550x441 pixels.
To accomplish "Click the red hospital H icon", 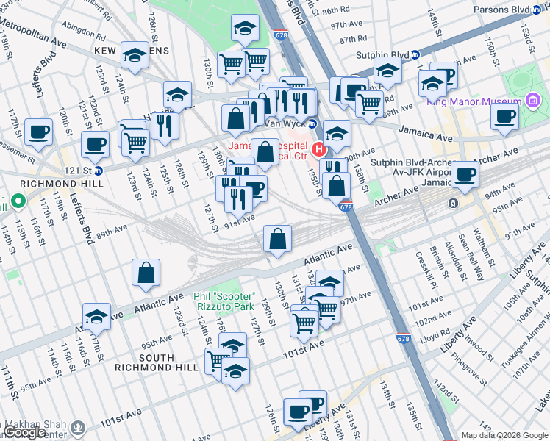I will [319, 150].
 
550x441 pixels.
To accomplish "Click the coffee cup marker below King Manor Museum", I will [504, 115].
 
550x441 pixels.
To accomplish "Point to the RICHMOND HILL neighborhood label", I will [35, 184].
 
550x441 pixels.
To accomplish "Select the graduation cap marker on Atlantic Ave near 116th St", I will [96, 316].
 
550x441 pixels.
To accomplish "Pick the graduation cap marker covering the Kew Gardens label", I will [135, 54].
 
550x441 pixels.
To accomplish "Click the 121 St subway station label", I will [82, 170].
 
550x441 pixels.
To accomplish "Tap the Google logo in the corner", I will [25, 432].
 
